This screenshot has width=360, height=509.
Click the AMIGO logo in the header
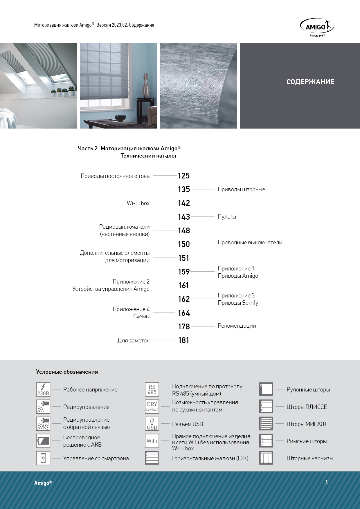pos(317,27)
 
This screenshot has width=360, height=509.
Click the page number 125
pos(184,176)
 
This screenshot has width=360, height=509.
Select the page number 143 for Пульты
pos(184,217)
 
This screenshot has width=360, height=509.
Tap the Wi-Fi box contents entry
pos(138,203)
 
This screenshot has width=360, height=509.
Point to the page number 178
pos(184,326)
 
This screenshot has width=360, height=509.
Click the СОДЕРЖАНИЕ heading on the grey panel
pos(310,82)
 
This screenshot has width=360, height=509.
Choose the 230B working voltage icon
pos(43,389)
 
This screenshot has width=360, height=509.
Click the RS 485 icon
pos(152,389)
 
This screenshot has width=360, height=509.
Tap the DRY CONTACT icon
pos(152,407)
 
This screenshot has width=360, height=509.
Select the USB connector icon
pos(152,424)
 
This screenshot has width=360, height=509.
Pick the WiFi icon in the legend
pos(152,441)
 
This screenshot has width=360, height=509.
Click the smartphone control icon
pos(43,458)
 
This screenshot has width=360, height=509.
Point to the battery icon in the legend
pos(43,441)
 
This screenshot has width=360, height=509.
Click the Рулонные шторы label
pos(308,389)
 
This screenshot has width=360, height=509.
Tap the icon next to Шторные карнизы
pos(266,458)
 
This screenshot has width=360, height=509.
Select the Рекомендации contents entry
pos(237,326)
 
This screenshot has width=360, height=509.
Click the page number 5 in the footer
pos(327,482)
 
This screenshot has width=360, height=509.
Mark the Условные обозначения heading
pos(67,372)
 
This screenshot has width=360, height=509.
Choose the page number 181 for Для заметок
pos(184,340)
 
